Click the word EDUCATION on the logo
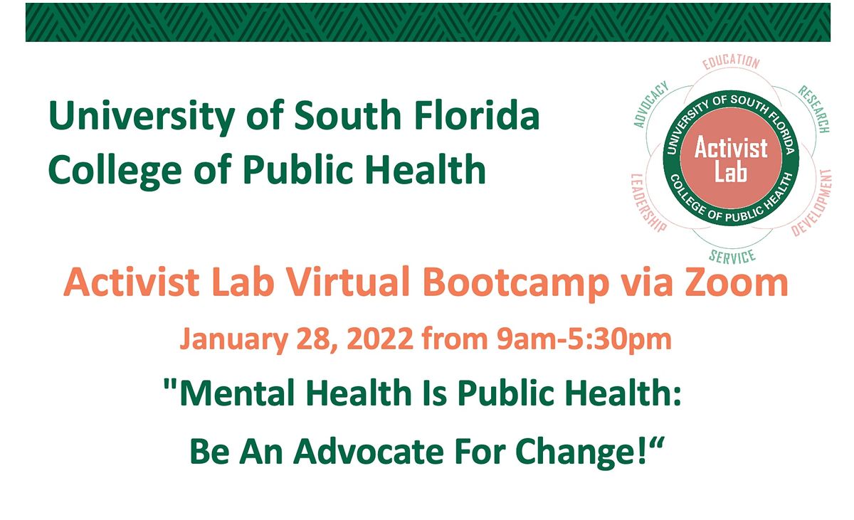[730, 63]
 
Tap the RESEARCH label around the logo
[813, 110]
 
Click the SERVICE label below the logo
[732, 255]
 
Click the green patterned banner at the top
[427, 22]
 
